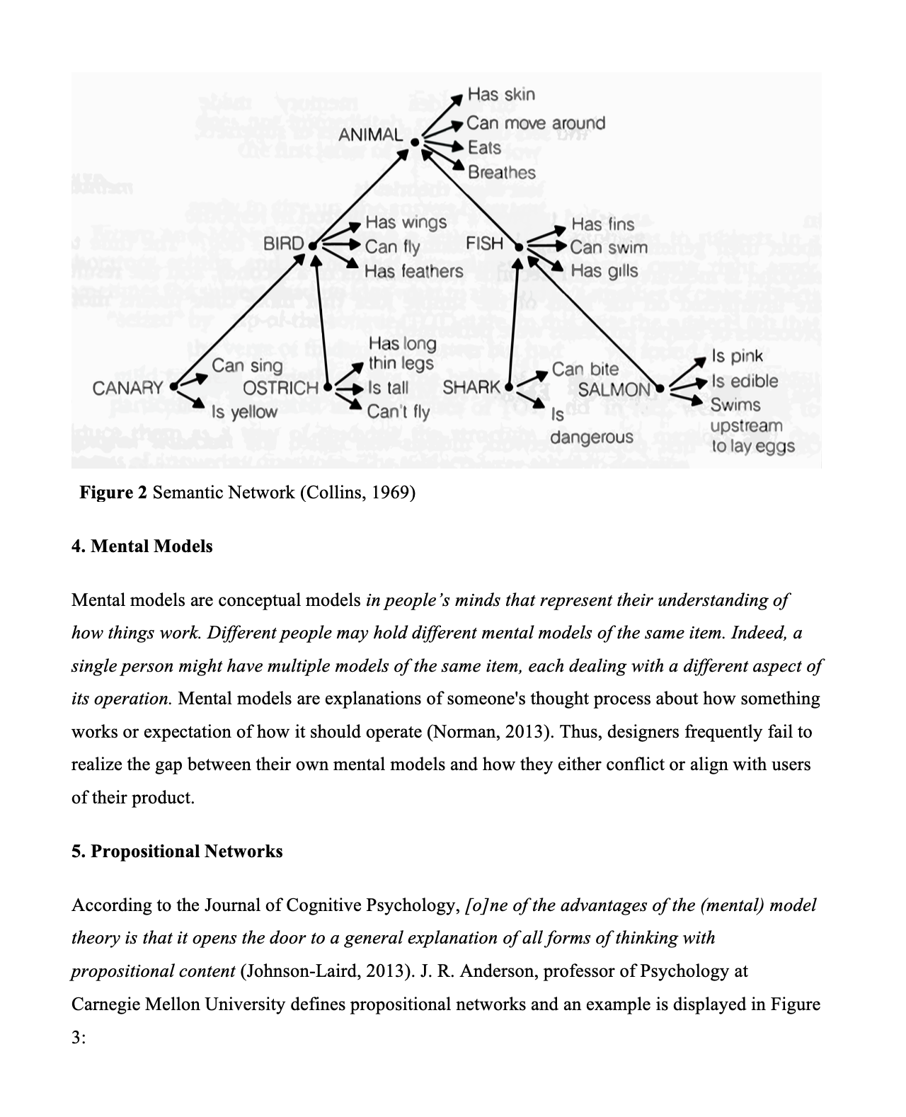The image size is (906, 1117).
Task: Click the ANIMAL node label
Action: pos(370,134)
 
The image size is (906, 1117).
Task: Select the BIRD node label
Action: pos(283,244)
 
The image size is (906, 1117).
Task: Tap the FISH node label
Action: pos(485,244)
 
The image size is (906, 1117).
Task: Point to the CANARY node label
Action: pos(127,388)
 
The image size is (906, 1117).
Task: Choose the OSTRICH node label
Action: pos(280,388)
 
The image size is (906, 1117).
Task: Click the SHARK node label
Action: pos(471,388)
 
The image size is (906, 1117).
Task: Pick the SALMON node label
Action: pos(614,389)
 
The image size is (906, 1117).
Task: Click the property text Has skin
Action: pos(501,94)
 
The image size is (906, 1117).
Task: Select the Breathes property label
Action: pos(502,172)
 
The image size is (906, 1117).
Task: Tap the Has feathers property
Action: pos(413,271)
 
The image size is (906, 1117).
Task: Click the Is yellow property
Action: pos(245,411)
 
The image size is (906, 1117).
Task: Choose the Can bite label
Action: pos(585,369)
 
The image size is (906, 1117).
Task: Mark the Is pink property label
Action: pos(737,356)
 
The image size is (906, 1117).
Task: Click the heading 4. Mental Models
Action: pos(142,546)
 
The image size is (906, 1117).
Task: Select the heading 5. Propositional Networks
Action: pos(177,851)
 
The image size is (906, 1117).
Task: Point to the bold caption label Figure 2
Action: pos(113,492)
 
